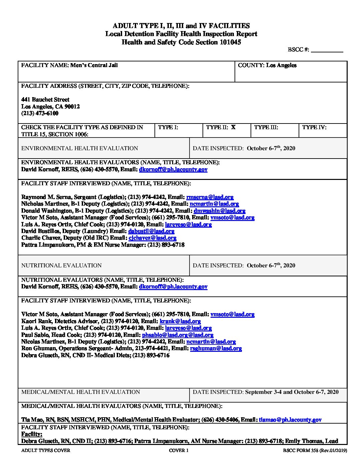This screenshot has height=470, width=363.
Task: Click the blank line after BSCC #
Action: click(327, 50)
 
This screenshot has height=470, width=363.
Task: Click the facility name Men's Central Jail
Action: click(94, 65)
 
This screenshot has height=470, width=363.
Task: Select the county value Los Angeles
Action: click(281, 65)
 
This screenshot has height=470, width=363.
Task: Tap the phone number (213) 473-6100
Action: click(40, 113)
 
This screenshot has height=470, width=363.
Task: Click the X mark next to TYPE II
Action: click(233, 127)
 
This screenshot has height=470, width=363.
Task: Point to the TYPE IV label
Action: click(314, 127)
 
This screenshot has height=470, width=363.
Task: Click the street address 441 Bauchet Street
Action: click(45, 99)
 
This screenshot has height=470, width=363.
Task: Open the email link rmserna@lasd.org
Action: click(210, 197)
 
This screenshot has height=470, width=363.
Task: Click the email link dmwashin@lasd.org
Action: click(220, 211)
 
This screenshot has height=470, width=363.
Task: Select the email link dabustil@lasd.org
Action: click(151, 231)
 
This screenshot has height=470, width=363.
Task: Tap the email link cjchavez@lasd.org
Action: click(152, 238)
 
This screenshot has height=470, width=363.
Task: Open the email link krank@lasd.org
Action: click(180, 321)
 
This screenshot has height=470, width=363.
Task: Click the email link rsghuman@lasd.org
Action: click(216, 348)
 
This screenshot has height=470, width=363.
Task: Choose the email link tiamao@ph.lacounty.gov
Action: click(290, 420)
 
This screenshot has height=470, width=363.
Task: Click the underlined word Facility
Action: click(32, 434)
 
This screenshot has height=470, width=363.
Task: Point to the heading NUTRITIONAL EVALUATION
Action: click(61, 266)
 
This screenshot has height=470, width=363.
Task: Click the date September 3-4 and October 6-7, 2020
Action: click(292, 392)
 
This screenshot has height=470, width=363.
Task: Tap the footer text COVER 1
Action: click(179, 451)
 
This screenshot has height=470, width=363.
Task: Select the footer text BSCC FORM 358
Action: click(300, 451)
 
